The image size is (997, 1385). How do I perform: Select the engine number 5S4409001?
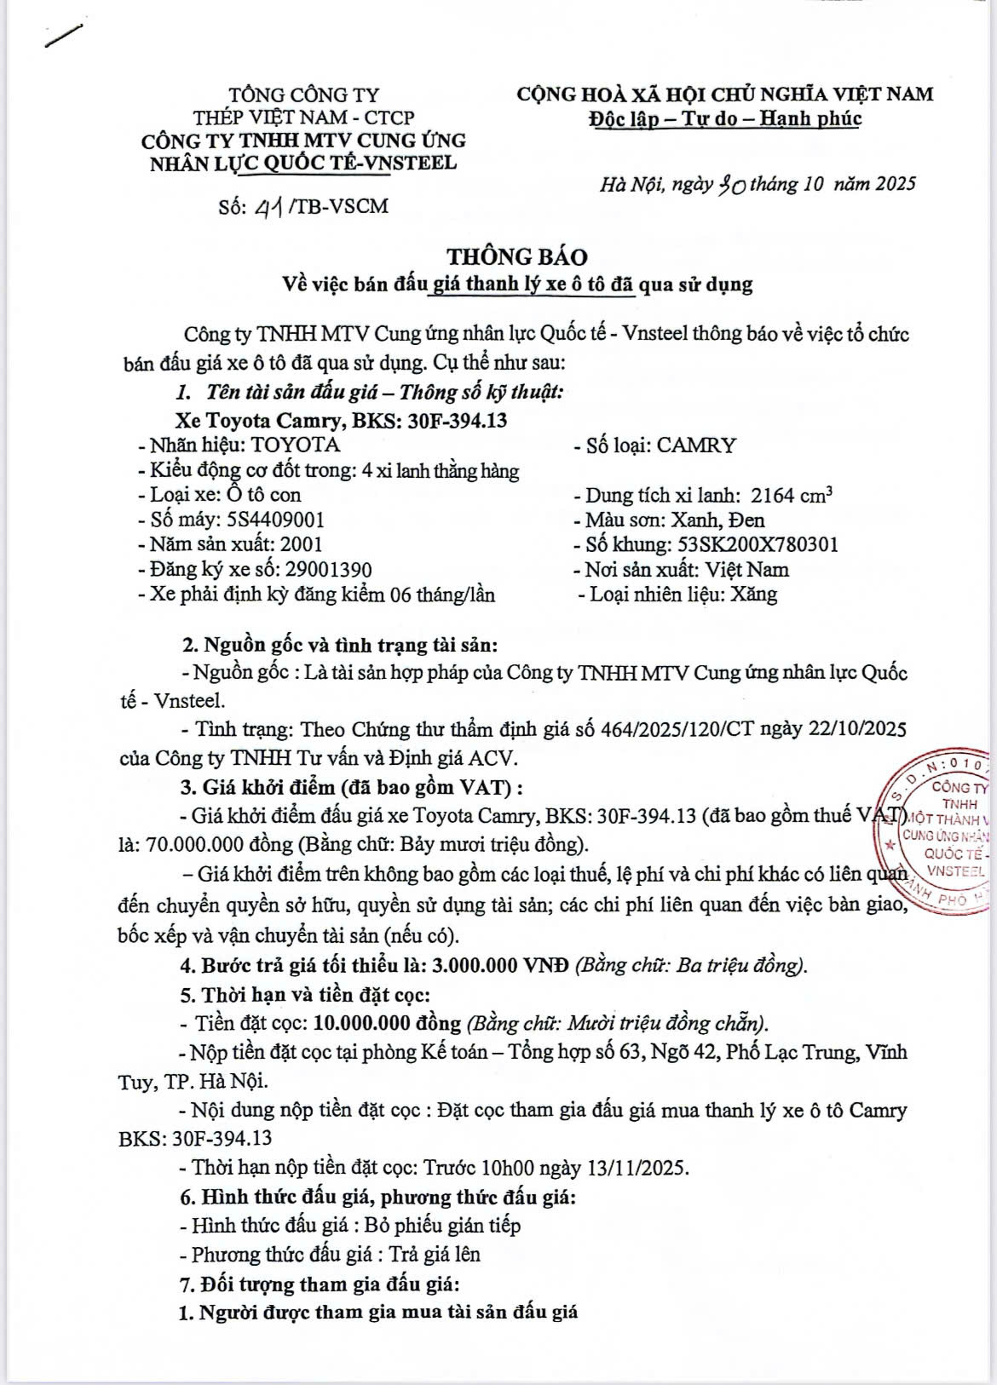click(275, 520)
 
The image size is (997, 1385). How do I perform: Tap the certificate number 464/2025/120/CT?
click(688, 729)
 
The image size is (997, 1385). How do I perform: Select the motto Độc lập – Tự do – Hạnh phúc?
click(724, 118)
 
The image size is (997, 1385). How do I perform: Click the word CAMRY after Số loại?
click(697, 445)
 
